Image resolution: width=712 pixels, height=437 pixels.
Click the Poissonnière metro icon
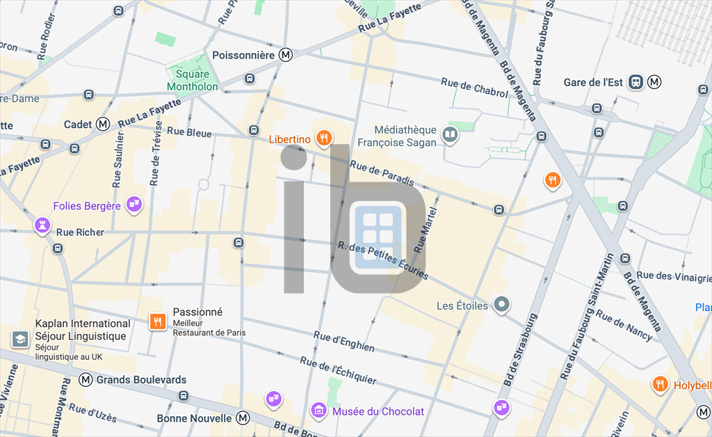click(285, 55)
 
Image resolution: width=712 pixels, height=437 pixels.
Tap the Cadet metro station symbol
click(103, 124)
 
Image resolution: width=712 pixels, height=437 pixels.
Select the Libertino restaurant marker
click(323, 138)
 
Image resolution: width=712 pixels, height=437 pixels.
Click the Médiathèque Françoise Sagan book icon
click(451, 135)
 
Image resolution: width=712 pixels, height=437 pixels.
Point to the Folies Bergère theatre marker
click(136, 205)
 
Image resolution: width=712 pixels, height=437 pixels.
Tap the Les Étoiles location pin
click(501, 305)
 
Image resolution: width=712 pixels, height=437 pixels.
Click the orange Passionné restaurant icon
click(158, 321)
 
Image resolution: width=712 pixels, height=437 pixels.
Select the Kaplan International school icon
click(19, 339)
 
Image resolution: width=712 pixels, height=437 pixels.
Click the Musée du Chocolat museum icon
click(318, 411)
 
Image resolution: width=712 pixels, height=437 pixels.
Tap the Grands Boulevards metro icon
click(86, 379)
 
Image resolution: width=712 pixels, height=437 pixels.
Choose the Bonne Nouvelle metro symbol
click(243, 418)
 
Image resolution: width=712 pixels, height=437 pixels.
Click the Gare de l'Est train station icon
click(636, 82)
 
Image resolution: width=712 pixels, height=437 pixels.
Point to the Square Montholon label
click(193, 81)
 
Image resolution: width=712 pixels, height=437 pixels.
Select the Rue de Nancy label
click(624, 326)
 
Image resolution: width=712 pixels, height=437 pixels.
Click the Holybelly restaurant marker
click(660, 383)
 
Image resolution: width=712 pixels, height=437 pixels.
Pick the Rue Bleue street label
click(189, 132)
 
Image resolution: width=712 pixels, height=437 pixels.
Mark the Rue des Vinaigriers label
click(674, 276)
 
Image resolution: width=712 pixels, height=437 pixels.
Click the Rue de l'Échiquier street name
click(338, 370)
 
